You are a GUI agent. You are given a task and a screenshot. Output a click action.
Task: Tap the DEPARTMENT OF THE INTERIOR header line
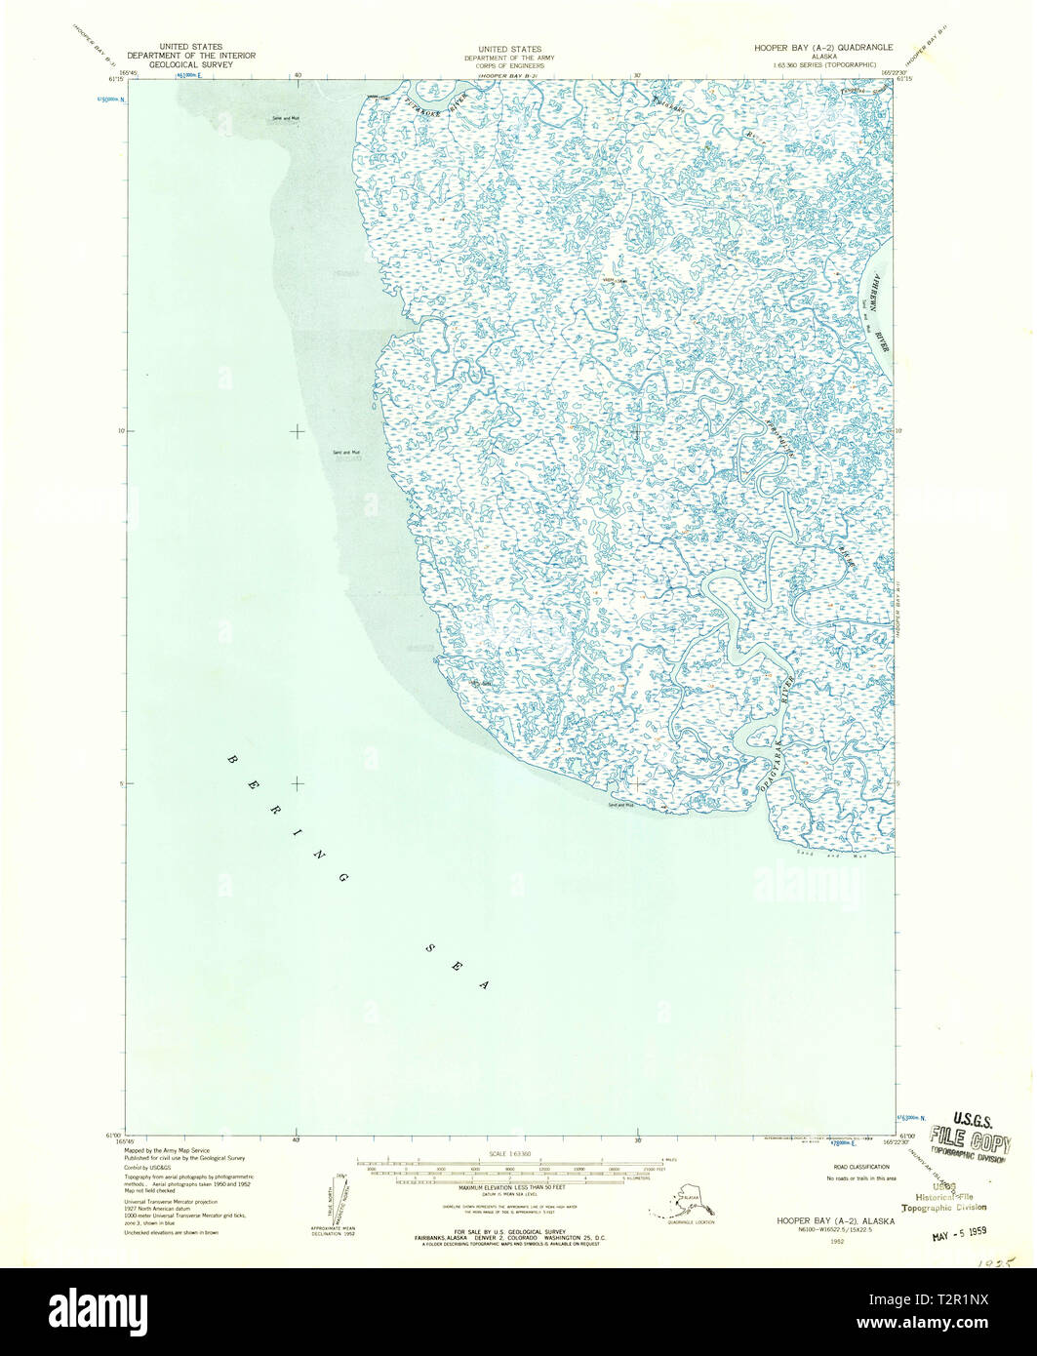192,56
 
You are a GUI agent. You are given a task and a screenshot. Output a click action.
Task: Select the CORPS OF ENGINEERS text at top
509,66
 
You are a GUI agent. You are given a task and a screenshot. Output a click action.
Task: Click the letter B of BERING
232,759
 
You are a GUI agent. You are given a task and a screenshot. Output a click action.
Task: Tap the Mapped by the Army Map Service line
167,1151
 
